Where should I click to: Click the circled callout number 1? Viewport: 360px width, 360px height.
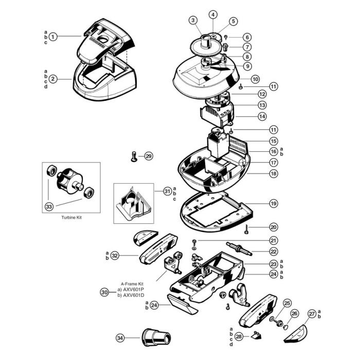click(x=53, y=37)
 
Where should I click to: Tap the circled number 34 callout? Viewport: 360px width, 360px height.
click(x=120, y=338)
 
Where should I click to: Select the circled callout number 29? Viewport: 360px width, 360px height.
click(x=149, y=156)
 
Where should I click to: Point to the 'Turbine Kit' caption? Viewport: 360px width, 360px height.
click(x=71, y=218)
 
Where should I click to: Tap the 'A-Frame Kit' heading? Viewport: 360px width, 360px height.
click(x=132, y=284)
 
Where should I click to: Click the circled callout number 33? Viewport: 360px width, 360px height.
click(x=49, y=207)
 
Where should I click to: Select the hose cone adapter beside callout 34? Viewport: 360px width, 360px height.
click(x=156, y=337)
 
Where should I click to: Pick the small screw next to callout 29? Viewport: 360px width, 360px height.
click(x=134, y=156)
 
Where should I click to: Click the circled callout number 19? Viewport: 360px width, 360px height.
click(x=274, y=204)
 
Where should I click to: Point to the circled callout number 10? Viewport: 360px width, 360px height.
click(x=255, y=79)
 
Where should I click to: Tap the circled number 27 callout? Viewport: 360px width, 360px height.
click(x=312, y=314)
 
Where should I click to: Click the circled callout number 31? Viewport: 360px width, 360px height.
click(x=168, y=191)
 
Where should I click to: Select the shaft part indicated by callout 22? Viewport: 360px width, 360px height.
click(x=239, y=248)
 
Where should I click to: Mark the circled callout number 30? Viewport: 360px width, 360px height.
click(x=104, y=292)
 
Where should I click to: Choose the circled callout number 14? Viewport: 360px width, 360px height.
click(x=262, y=116)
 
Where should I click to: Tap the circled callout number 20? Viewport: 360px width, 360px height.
click(x=274, y=227)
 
